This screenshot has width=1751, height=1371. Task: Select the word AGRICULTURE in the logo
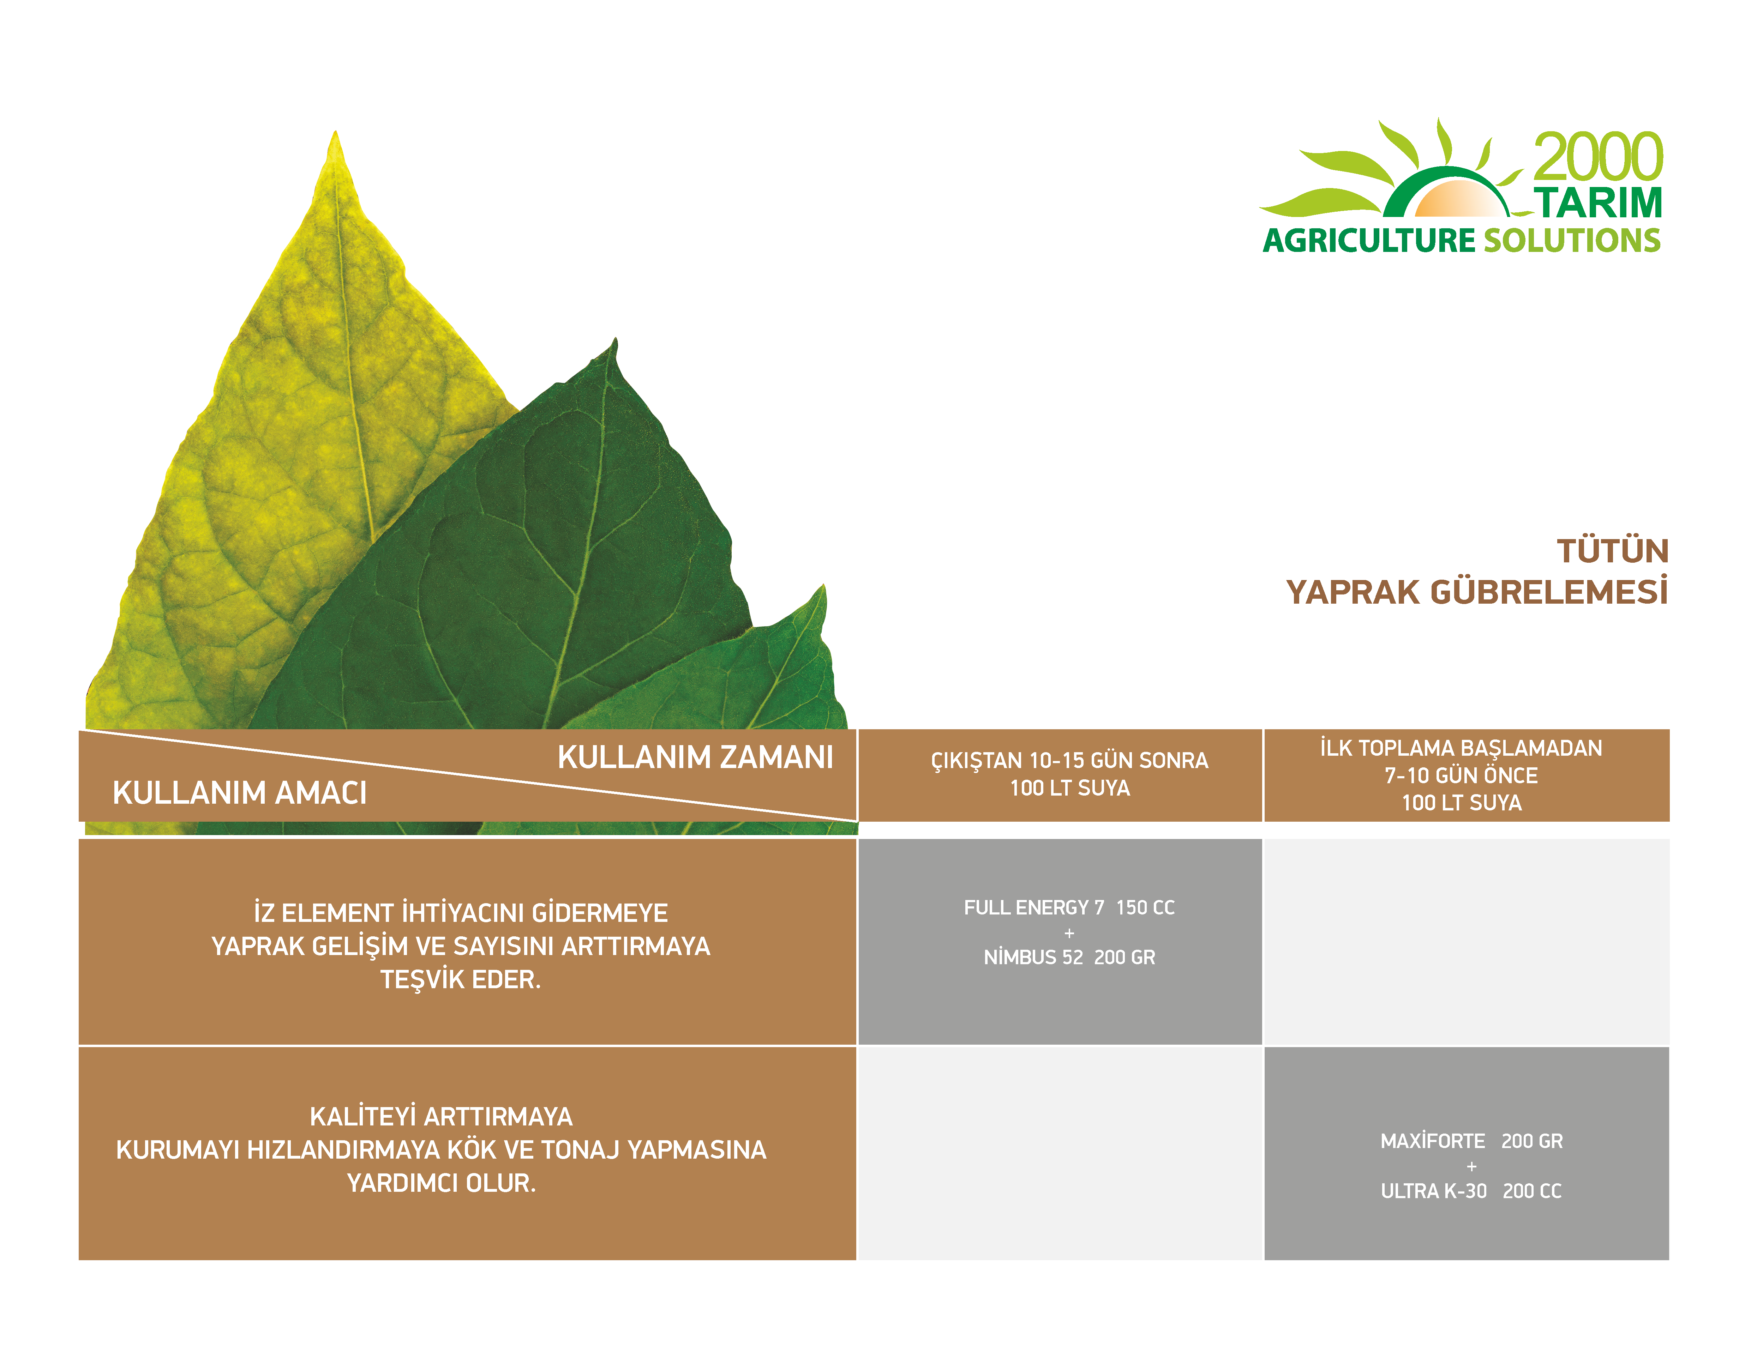point(1369,241)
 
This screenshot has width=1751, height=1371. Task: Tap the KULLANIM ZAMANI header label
point(695,757)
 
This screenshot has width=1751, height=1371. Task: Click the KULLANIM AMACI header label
point(240,793)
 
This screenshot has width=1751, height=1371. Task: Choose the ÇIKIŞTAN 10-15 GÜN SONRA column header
point(1069,760)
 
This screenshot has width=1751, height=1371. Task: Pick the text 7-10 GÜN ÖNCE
point(1461,775)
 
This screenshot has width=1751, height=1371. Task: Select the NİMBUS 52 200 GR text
point(1069,958)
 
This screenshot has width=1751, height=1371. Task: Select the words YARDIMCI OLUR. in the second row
point(442,1183)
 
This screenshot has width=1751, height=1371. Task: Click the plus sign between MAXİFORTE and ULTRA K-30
point(1471,1166)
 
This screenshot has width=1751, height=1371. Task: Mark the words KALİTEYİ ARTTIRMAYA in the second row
point(442,1117)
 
